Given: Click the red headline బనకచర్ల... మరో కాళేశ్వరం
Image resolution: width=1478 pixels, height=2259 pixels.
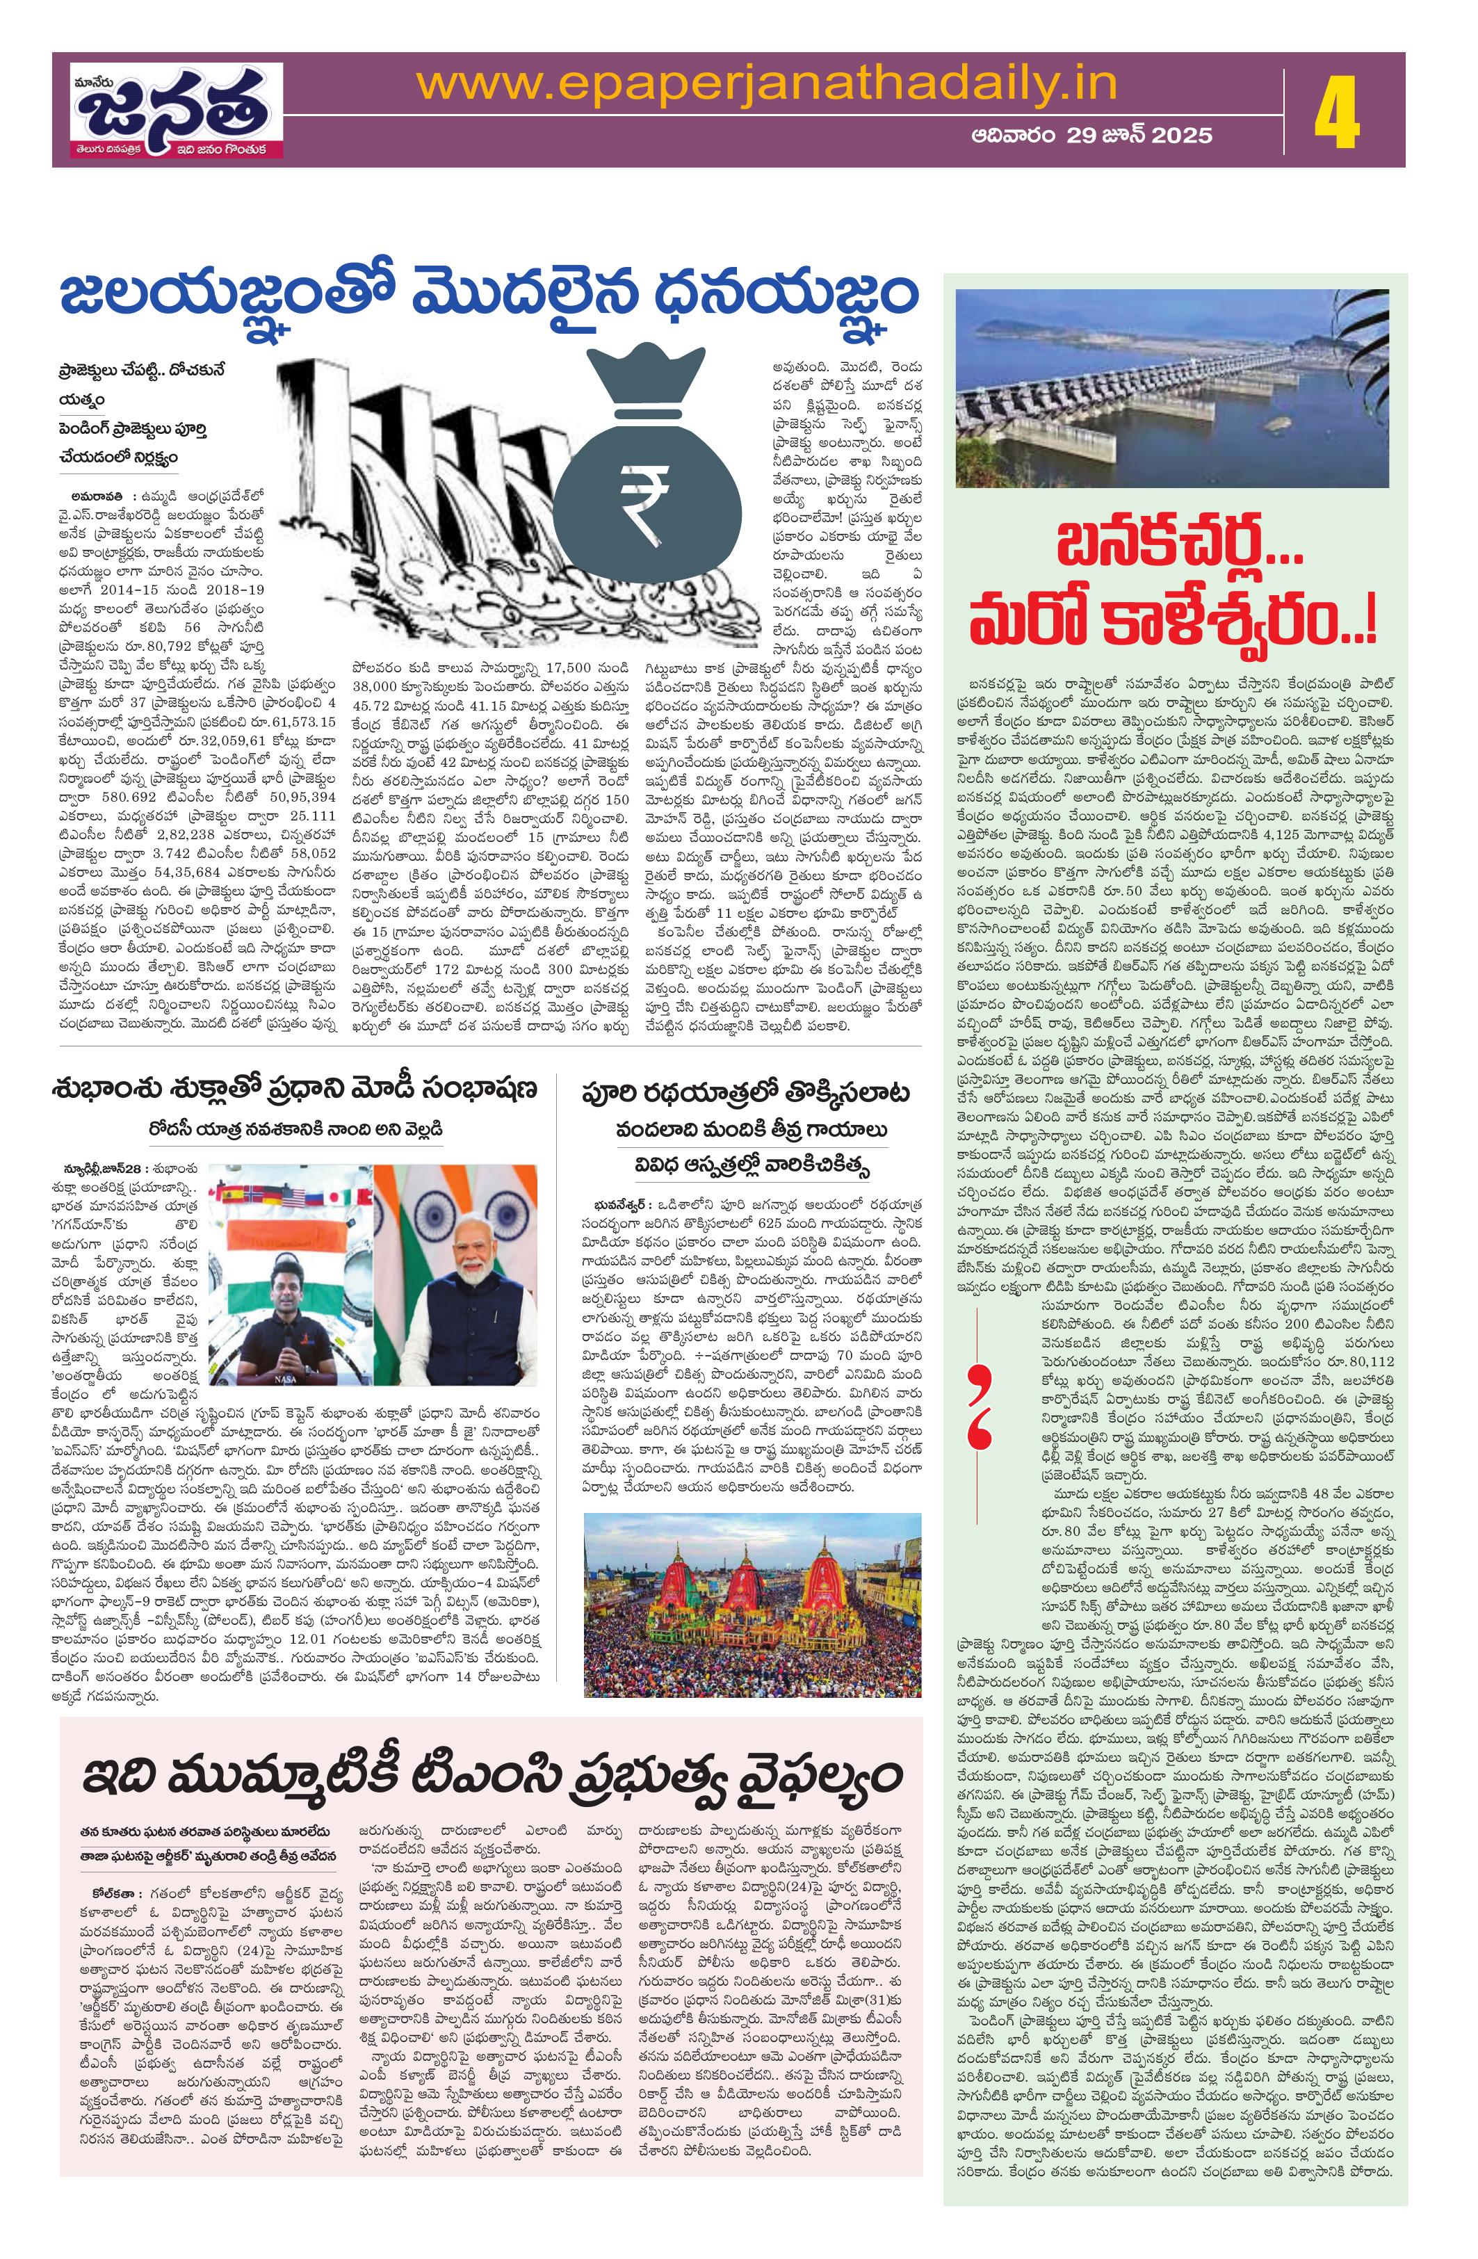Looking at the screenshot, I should click(x=1174, y=597).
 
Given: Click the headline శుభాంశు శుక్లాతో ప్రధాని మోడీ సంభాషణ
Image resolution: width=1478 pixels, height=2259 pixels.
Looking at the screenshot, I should click(x=295, y=1089).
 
